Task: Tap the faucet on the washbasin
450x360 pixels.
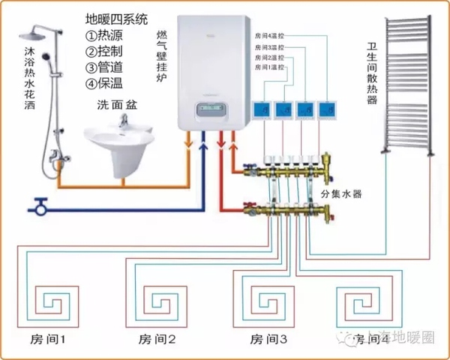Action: click(124, 119)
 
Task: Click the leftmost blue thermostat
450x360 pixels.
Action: click(262, 110)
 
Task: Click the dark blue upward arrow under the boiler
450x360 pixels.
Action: click(203, 141)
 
